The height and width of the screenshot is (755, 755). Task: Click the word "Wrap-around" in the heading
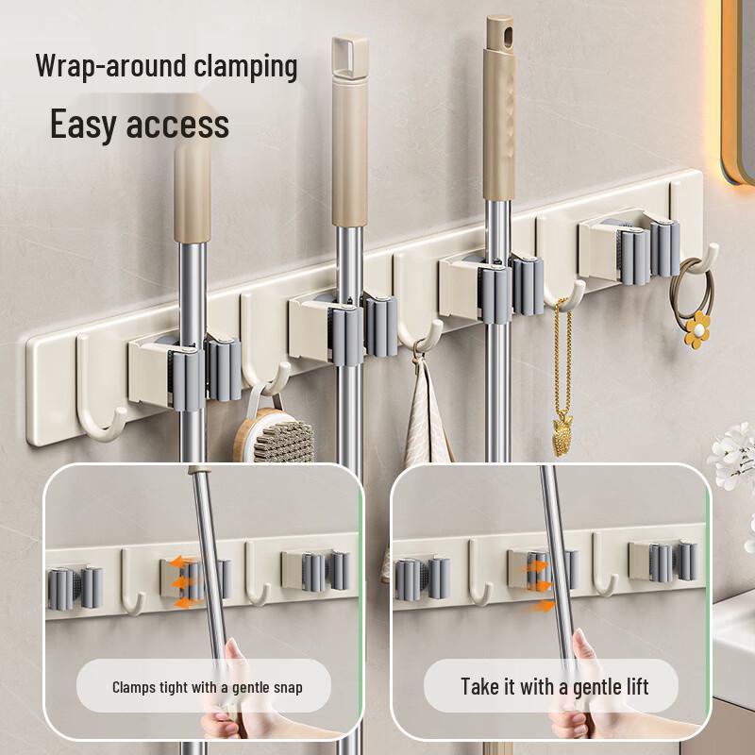pyautogui.click(x=98, y=67)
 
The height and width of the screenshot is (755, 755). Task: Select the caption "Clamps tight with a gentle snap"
pyautogui.click(x=208, y=686)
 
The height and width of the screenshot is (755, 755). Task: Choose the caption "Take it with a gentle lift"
pyautogui.click(x=554, y=686)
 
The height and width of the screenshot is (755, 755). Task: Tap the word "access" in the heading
pyautogui.click(x=179, y=125)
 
